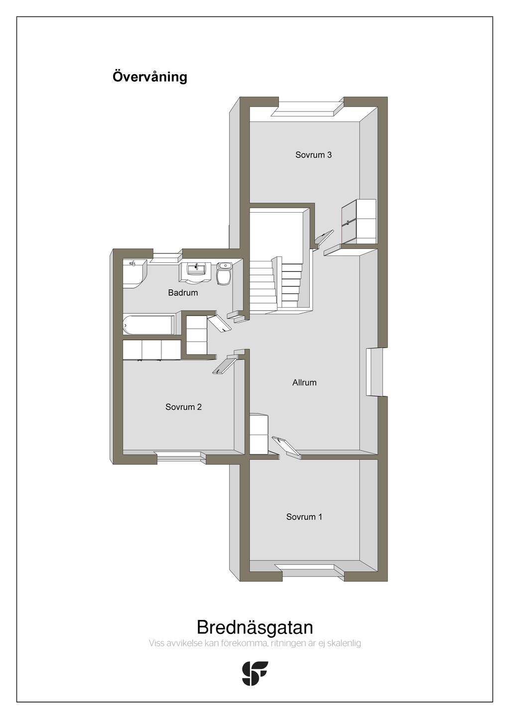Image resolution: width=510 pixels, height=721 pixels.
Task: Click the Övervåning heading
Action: pyautogui.click(x=150, y=77)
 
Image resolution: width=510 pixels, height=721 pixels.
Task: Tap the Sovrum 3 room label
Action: pyautogui.click(x=313, y=155)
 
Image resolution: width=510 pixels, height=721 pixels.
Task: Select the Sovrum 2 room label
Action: pyautogui.click(x=183, y=407)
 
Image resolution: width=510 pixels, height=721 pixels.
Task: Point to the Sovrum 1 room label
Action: pyautogui.click(x=304, y=517)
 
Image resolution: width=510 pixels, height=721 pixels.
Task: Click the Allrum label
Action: pyautogui.click(x=304, y=382)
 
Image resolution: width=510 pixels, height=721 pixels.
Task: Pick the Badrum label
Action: pyautogui.click(x=183, y=293)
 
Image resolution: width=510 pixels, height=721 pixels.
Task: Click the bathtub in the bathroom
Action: pyautogui.click(x=149, y=325)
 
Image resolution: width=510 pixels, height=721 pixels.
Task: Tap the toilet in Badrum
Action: pyautogui.click(x=224, y=273)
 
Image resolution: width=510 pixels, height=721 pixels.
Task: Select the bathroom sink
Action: pyautogui.click(x=195, y=272)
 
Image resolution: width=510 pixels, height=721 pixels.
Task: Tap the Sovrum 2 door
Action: pyautogui.click(x=225, y=364)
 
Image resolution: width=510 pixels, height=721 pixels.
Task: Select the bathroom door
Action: pyautogui.click(x=220, y=324)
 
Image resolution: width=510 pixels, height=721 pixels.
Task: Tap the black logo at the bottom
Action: pyautogui.click(x=255, y=673)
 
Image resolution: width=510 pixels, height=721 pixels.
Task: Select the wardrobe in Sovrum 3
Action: pyautogui.click(x=359, y=222)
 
